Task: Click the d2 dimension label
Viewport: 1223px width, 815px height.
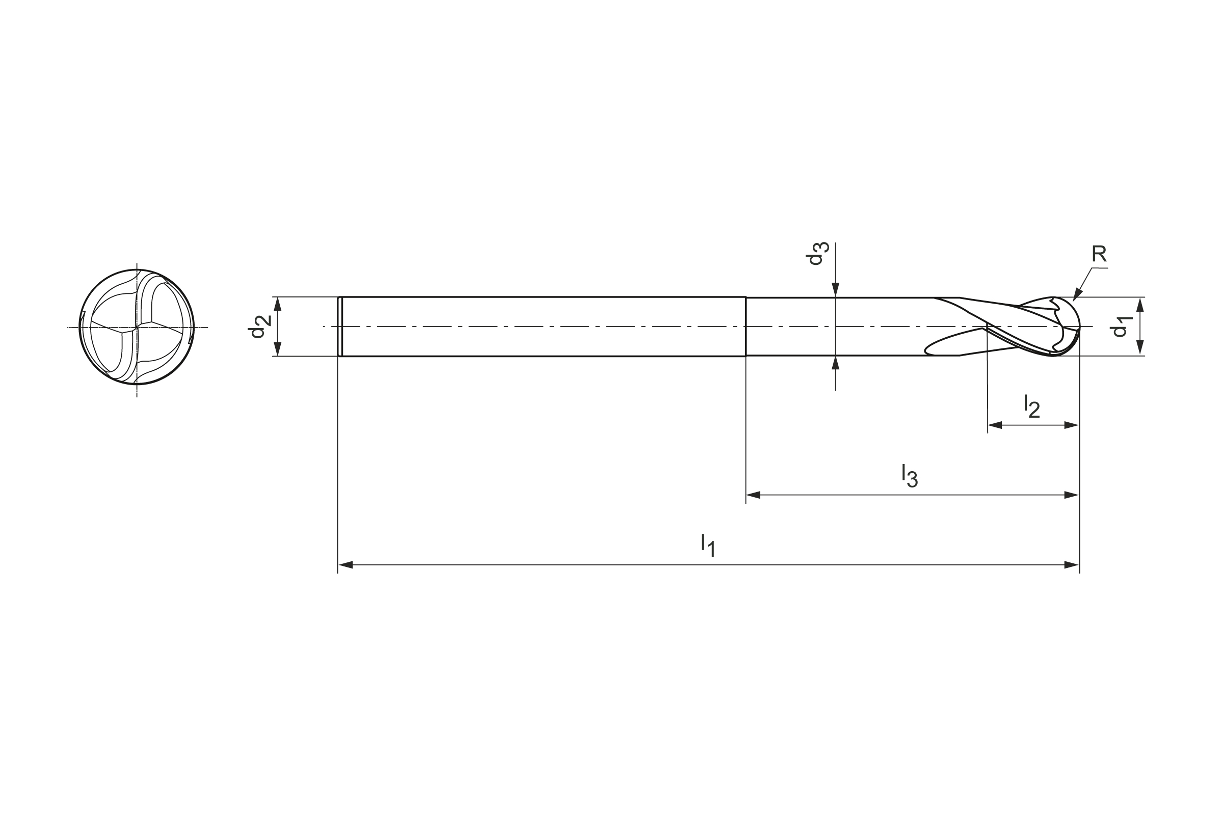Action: point(259,327)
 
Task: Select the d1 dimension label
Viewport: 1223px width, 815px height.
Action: point(1119,327)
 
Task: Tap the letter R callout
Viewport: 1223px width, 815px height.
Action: point(1099,254)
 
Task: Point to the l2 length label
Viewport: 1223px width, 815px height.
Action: point(1031,406)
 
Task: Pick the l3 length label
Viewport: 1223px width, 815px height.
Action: point(910,476)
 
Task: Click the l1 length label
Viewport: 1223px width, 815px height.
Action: point(708,546)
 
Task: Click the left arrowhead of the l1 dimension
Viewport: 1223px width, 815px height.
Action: point(346,565)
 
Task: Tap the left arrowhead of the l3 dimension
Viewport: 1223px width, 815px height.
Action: point(754,495)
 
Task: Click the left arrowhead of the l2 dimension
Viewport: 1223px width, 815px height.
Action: point(995,425)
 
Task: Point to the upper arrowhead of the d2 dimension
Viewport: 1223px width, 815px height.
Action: point(278,304)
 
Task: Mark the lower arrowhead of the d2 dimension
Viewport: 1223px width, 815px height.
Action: point(278,349)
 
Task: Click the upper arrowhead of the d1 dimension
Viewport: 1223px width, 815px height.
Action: point(1140,305)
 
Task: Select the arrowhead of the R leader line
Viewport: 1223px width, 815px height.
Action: point(1077,295)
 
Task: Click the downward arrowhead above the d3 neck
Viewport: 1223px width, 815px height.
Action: point(836,289)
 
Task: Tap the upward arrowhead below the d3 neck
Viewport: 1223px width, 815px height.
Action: point(836,363)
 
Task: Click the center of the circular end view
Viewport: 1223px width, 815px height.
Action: point(137,328)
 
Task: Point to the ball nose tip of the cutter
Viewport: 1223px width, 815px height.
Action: point(1079,327)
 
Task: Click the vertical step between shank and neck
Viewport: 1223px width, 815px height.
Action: point(746,327)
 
